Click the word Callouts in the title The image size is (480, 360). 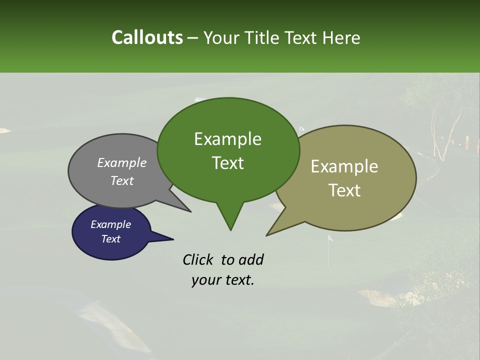pos(147,37)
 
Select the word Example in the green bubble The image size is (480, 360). pos(227,139)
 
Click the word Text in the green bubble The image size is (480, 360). pos(227,163)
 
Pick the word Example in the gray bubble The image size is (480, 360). pos(121,162)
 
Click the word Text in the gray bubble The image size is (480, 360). pos(121,180)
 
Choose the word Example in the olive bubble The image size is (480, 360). pos(344,166)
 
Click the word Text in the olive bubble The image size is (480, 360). pos(344,190)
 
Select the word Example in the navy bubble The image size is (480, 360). pos(110,224)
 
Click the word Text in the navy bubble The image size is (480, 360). pos(110,239)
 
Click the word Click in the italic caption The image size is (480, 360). pos(198,259)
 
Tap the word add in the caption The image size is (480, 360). pos(251,259)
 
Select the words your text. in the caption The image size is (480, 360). pos(222,280)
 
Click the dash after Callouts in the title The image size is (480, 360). pos(193,37)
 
